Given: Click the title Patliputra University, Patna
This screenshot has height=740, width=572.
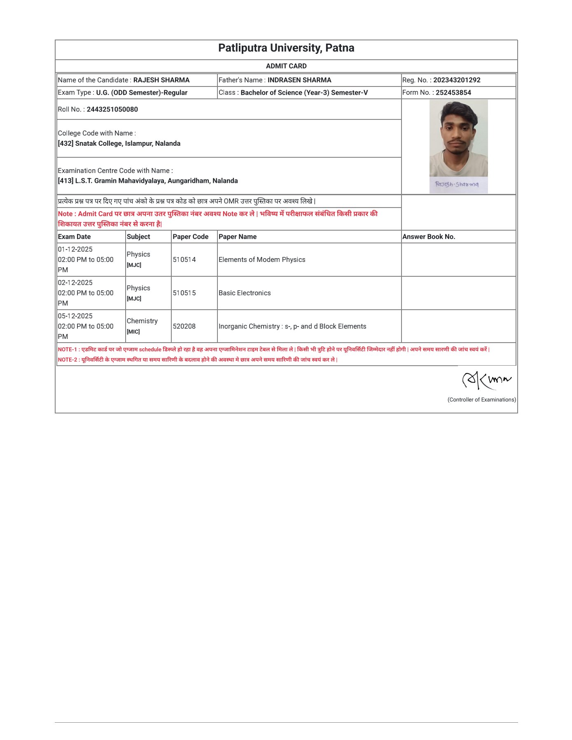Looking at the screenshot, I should coord(286,48).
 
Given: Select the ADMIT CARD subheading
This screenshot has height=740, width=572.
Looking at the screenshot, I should coord(286,66).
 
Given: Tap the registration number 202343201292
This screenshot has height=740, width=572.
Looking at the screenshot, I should coord(456,80).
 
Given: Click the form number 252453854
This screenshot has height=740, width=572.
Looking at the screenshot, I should coord(453,93).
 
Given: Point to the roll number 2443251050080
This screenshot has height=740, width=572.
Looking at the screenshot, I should coord(112,109).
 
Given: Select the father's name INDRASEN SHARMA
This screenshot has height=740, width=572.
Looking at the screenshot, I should coord(299,80).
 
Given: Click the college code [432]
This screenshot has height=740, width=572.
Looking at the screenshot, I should coord(65,143).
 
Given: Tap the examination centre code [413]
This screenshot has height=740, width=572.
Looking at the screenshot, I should coord(65,181).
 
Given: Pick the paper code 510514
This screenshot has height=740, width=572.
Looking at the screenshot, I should coord(184,259).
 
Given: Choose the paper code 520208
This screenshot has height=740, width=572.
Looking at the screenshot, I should coord(184,326).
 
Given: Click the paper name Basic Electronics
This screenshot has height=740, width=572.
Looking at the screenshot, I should coord(245,293).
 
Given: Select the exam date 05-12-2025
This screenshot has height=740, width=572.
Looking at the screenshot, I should coord(75,316).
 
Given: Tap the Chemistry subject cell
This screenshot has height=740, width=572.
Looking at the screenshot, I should coord(142,321).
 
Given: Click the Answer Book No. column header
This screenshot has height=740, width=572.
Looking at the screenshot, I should coord(428,237).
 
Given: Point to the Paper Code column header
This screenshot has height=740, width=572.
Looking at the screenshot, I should coord(190,237).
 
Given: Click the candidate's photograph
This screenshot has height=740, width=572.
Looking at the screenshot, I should coord(458,138).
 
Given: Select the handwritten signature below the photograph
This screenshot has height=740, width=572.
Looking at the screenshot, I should coord(457,184).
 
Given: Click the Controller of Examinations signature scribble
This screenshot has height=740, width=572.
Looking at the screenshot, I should coord(486,380).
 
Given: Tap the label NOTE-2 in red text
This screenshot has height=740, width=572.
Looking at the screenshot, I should coord(67,359).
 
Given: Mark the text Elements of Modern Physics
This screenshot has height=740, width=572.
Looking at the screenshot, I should coord(262,259).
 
